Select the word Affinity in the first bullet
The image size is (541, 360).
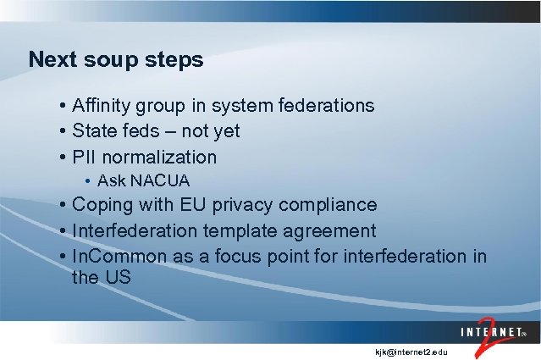click(103, 106)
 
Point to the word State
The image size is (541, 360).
click(94, 131)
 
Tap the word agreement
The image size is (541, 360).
click(331, 231)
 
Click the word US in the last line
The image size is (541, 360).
click(117, 277)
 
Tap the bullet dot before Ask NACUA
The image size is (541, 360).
click(88, 181)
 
